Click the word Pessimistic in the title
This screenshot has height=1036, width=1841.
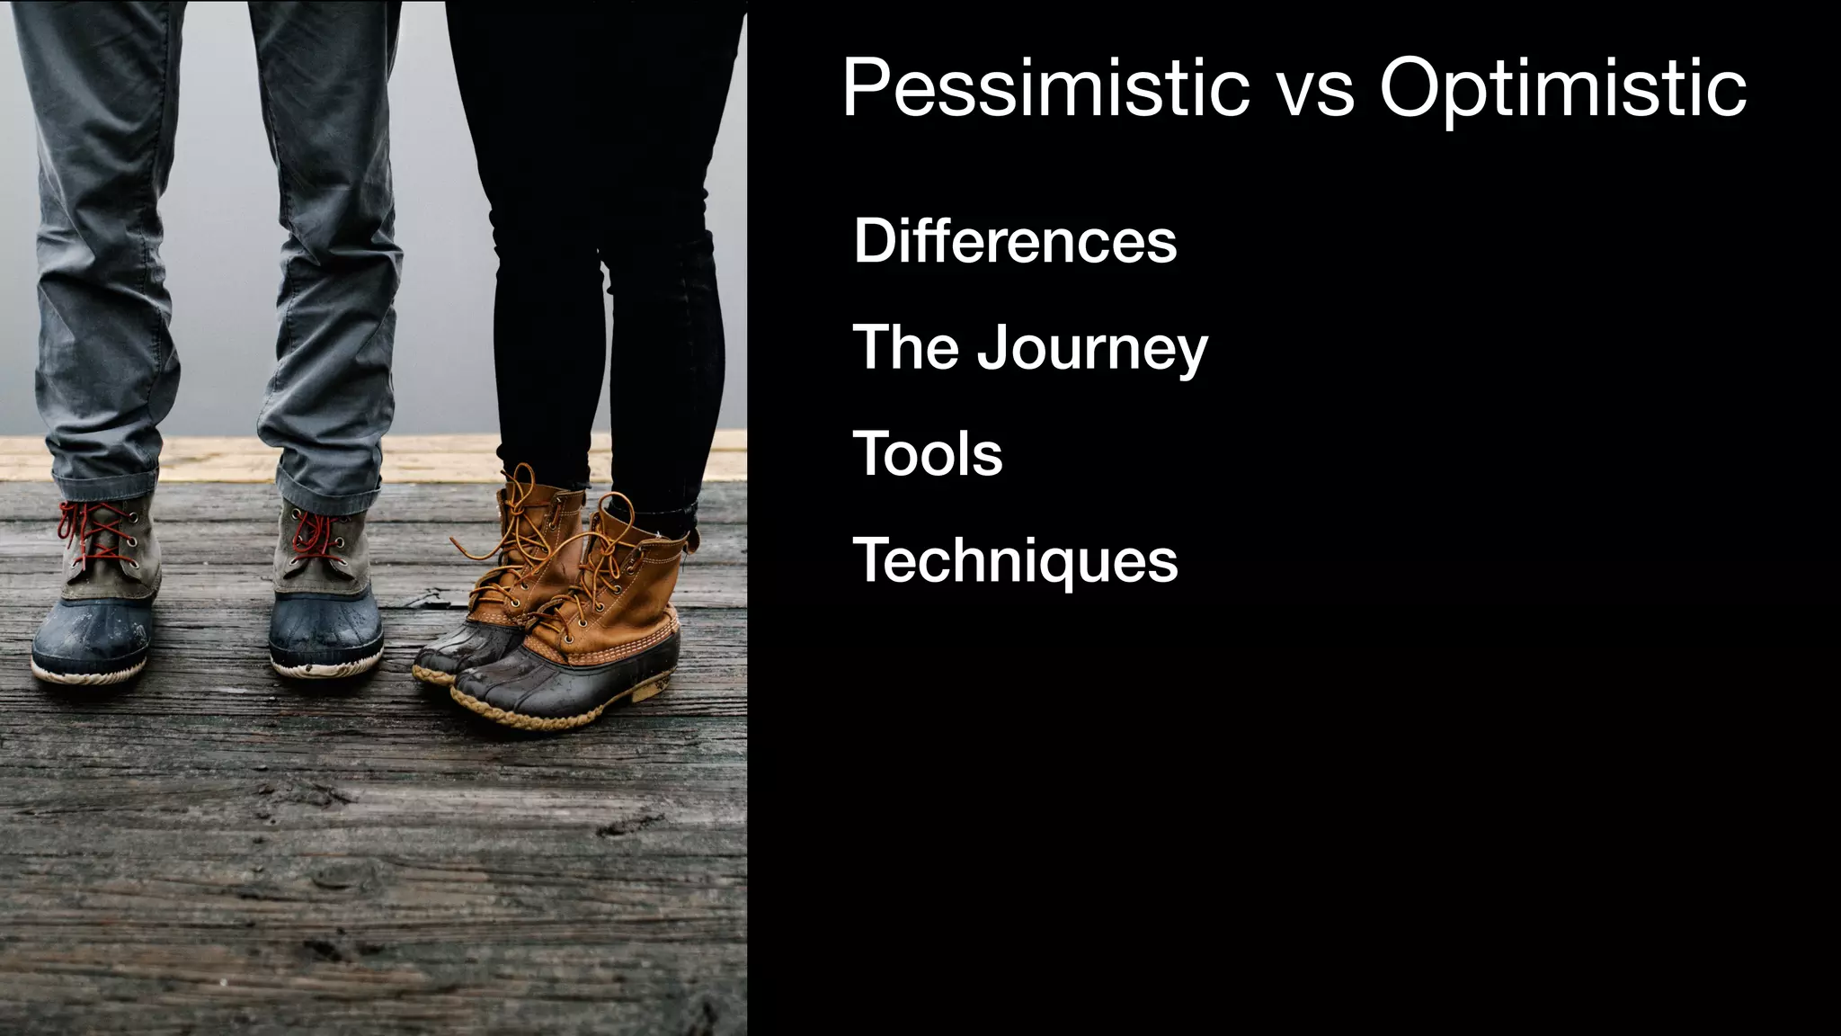(x=1045, y=88)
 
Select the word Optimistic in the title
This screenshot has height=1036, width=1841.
(x=1562, y=88)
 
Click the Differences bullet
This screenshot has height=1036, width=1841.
(x=1015, y=241)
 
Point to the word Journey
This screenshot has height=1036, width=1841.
(x=1092, y=349)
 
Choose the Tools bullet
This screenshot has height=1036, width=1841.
(x=927, y=453)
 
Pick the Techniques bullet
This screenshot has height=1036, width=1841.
(x=1015, y=560)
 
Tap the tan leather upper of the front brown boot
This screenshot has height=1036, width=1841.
(x=629, y=585)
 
